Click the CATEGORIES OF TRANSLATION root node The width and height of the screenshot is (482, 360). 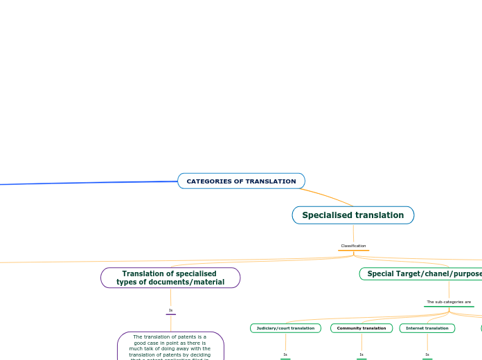(x=241, y=181)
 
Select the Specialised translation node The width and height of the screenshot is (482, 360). (x=352, y=215)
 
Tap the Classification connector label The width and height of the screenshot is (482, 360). (x=353, y=246)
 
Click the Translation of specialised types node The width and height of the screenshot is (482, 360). (x=170, y=278)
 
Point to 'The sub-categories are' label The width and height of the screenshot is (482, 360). (x=449, y=302)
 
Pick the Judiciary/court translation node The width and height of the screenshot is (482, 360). (x=285, y=328)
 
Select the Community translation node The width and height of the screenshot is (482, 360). (x=361, y=328)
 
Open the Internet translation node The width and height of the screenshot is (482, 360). (x=427, y=328)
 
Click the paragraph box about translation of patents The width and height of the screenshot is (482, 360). (x=170, y=346)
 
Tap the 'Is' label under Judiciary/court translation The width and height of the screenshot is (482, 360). (x=285, y=354)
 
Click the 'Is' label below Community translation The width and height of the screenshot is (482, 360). (x=361, y=354)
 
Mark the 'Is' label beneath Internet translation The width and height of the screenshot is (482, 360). (x=427, y=354)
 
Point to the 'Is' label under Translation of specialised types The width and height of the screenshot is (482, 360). (x=170, y=310)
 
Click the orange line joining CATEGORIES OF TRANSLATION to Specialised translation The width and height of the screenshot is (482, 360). (x=330, y=197)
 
